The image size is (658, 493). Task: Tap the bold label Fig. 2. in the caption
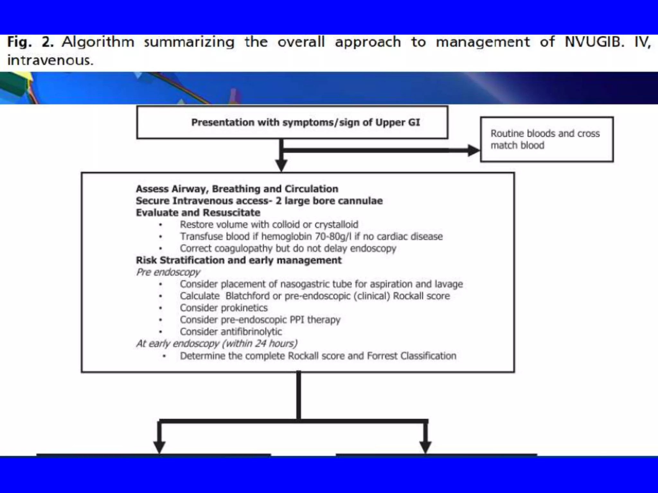click(x=30, y=42)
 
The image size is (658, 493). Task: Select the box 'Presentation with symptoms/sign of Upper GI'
click(x=292, y=122)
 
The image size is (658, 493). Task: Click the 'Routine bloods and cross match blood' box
click(x=547, y=139)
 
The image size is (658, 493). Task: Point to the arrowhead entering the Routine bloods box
click(x=474, y=150)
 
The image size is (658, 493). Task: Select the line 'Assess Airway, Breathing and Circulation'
click(x=237, y=189)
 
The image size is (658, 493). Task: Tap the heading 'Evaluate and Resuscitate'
click(x=198, y=212)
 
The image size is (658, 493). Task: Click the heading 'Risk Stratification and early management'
click(x=238, y=260)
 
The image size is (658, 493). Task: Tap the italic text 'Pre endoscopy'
click(x=168, y=272)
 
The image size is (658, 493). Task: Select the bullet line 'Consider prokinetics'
click(x=224, y=308)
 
